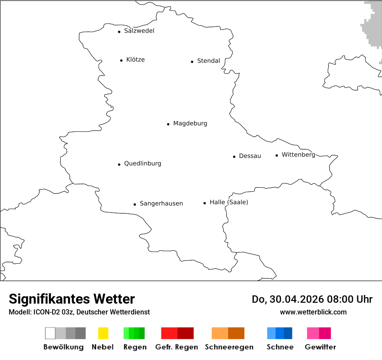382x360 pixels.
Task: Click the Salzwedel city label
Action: (x=139, y=31)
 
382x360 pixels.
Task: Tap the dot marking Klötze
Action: (x=121, y=60)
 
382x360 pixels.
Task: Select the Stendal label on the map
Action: (x=208, y=61)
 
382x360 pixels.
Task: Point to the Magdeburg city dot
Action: (x=168, y=124)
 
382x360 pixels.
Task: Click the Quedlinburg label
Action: (x=142, y=164)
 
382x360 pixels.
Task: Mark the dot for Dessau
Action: (x=234, y=157)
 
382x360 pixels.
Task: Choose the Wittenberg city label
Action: (x=298, y=155)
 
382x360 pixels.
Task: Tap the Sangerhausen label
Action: (x=161, y=203)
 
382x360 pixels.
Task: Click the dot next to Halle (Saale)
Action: (x=204, y=203)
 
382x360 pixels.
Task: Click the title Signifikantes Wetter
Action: (x=72, y=299)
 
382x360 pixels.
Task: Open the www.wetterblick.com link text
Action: (x=313, y=312)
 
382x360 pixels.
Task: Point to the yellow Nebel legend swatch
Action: (x=103, y=333)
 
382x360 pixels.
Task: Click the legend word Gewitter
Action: (x=320, y=347)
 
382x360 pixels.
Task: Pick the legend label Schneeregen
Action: (x=228, y=347)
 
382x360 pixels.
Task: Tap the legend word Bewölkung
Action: (x=63, y=347)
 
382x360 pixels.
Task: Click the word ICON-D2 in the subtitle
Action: (x=47, y=312)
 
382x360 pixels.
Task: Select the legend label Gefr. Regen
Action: (x=177, y=347)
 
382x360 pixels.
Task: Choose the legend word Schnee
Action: (x=280, y=347)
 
